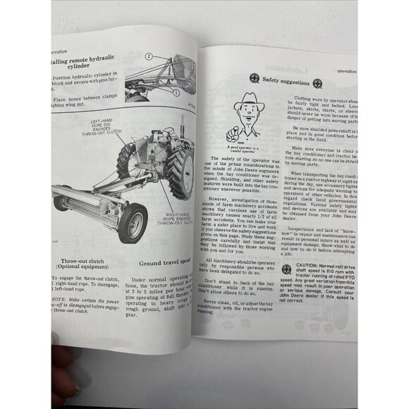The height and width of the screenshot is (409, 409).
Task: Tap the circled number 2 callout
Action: point(149,56)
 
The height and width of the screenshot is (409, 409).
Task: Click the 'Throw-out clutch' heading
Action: point(80,263)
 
